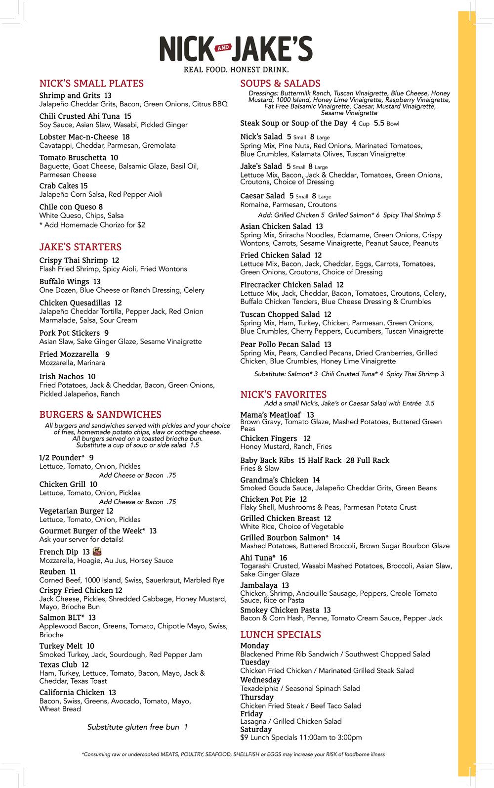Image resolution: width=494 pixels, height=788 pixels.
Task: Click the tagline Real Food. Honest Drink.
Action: [236, 70]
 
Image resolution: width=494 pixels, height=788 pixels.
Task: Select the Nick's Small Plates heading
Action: [91, 84]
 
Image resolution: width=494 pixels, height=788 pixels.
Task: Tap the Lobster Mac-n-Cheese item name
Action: [79, 137]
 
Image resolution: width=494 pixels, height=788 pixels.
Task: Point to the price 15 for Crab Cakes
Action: [83, 186]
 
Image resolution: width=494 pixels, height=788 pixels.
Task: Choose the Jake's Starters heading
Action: [80, 247]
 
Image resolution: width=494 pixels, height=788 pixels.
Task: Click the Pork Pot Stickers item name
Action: [70, 333]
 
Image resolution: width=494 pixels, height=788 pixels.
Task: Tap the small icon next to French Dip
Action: [97, 551]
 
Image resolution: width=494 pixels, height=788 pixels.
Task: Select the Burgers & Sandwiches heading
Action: [100, 415]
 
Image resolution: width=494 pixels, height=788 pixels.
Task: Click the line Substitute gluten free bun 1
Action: [137, 727]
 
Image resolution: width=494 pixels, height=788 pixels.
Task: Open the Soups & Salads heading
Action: [280, 84]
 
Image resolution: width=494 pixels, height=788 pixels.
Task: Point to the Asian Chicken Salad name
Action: [276, 226]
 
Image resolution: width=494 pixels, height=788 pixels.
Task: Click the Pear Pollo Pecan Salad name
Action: [280, 344]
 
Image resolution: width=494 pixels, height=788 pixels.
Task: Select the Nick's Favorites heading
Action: [283, 394]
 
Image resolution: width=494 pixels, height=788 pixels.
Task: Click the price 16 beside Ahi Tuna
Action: [283, 558]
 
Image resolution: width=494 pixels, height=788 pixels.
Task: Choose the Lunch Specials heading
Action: [281, 635]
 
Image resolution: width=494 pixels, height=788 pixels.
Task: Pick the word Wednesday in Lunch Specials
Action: [260, 680]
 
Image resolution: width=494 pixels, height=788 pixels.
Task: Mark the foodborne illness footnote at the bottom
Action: [233, 754]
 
